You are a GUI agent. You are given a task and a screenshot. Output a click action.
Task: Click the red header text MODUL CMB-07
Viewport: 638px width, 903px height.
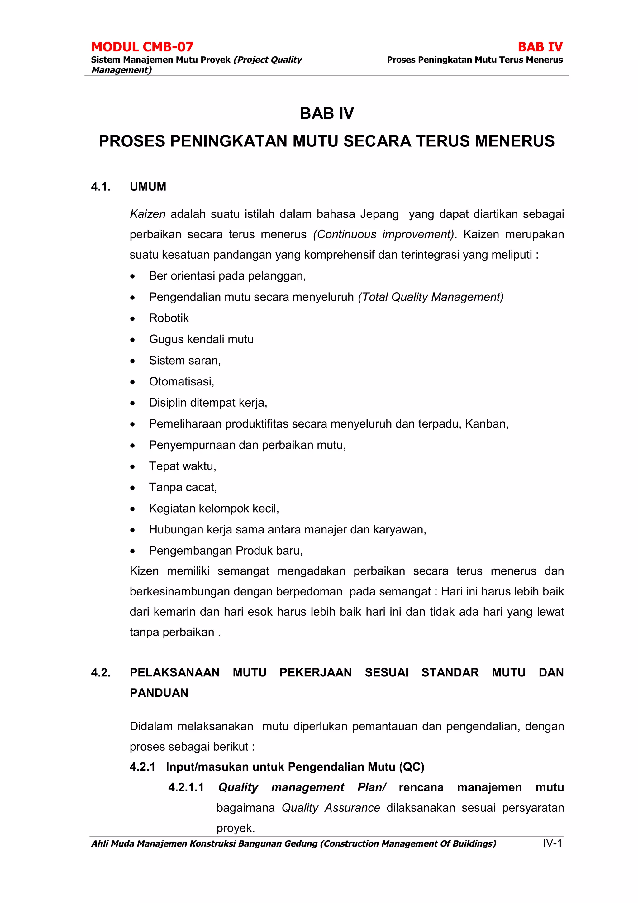tap(142, 47)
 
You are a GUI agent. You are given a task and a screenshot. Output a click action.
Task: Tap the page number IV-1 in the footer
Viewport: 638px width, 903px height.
tap(552, 843)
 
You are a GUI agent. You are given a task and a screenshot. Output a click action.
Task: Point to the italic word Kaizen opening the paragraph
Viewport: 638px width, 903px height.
tap(147, 214)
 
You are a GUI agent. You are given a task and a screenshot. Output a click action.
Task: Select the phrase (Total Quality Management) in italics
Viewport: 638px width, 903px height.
tap(431, 297)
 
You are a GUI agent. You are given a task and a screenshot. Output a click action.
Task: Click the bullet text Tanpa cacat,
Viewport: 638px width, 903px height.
tap(183, 487)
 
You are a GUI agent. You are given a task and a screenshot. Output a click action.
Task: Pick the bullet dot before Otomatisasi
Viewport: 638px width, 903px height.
tap(133, 382)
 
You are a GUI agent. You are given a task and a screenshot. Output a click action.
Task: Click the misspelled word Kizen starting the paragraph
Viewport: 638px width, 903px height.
tap(144, 571)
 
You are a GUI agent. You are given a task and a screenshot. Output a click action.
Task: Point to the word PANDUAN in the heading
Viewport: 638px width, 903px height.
tap(159, 693)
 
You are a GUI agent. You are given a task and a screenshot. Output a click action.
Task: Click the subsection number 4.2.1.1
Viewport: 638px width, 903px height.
tap(186, 787)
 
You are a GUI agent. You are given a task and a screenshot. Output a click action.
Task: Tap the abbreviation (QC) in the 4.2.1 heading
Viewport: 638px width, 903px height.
tap(412, 767)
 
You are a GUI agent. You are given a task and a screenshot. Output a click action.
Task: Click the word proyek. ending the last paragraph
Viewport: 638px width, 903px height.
tap(236, 828)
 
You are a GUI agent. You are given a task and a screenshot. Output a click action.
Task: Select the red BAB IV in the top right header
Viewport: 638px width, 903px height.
tap(540, 47)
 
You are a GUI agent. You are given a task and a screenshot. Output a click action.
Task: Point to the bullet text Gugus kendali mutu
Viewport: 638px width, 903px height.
tap(201, 339)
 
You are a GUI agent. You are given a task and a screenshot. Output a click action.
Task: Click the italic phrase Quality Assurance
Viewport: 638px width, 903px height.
tap(331, 808)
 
